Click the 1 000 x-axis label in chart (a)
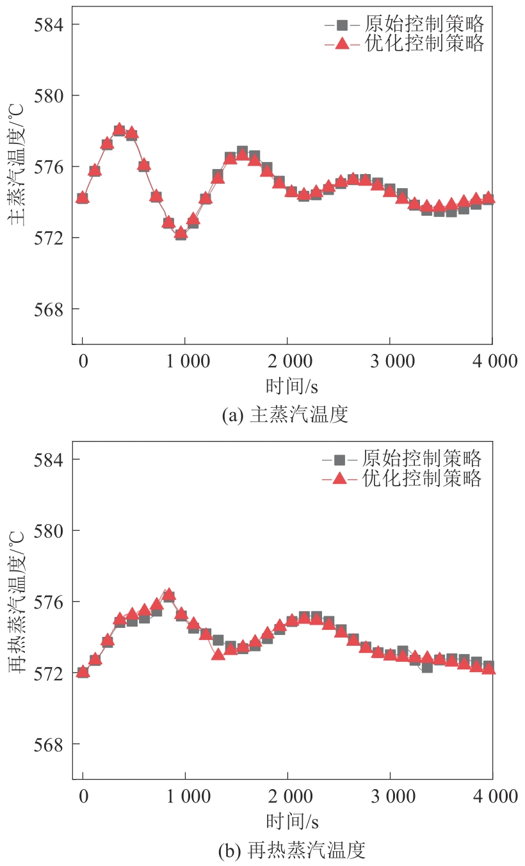(x=185, y=362)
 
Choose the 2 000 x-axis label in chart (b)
(x=287, y=797)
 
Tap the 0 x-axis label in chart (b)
(x=83, y=797)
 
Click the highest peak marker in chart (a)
(x=119, y=130)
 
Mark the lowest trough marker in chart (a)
(x=181, y=234)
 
